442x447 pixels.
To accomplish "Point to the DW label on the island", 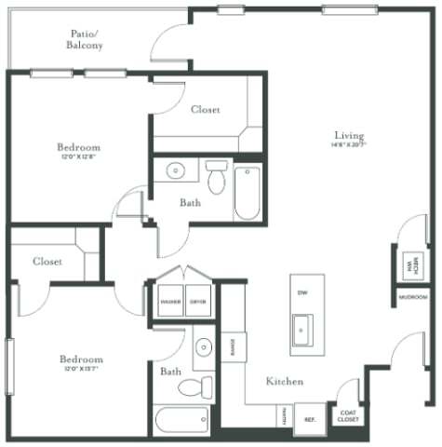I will click(x=301, y=293).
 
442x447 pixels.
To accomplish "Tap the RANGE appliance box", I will click(x=233, y=347).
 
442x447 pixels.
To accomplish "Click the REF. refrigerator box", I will click(x=309, y=418).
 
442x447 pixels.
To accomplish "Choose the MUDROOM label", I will click(x=413, y=298).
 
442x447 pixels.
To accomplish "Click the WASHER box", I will click(x=169, y=302).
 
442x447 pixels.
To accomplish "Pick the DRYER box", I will click(x=198, y=302).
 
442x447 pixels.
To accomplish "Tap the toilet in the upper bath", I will click(x=217, y=177).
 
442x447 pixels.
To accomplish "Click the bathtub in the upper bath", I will click(x=248, y=193).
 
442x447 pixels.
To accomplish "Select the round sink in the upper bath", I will click(x=175, y=170).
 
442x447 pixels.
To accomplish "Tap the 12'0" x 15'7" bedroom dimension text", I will click(x=81, y=370).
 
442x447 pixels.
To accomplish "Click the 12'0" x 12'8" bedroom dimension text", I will click(x=80, y=158).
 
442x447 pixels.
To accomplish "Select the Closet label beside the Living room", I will click(x=205, y=109).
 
